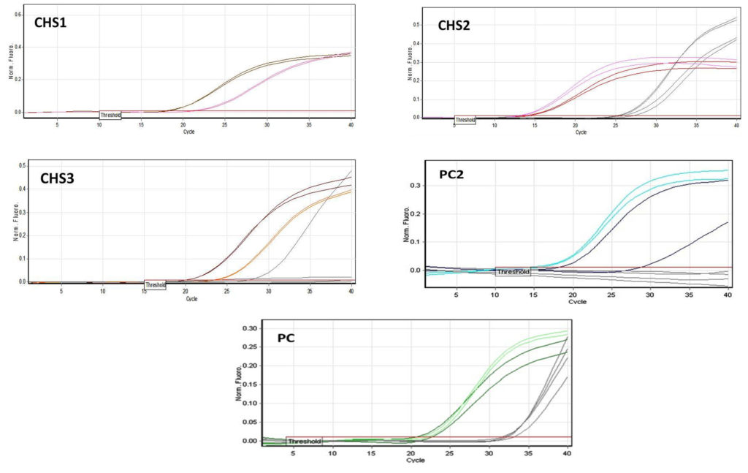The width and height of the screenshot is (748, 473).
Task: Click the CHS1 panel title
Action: tap(50, 23)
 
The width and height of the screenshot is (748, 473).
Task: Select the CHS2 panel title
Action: tap(454, 26)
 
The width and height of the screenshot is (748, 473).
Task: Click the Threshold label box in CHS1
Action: tap(110, 115)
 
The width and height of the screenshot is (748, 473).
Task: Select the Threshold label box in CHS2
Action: tap(465, 120)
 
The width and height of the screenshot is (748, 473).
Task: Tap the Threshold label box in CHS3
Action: tap(155, 285)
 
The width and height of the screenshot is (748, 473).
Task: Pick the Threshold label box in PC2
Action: tap(513, 271)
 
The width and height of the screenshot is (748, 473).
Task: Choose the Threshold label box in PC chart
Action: tap(304, 442)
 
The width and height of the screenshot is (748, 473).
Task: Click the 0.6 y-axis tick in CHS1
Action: tap(19, 15)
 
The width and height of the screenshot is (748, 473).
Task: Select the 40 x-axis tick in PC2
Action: tap(728, 294)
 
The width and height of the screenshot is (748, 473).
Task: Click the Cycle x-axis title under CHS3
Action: tap(191, 298)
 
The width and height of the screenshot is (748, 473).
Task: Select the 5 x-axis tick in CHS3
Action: tap(61, 292)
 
